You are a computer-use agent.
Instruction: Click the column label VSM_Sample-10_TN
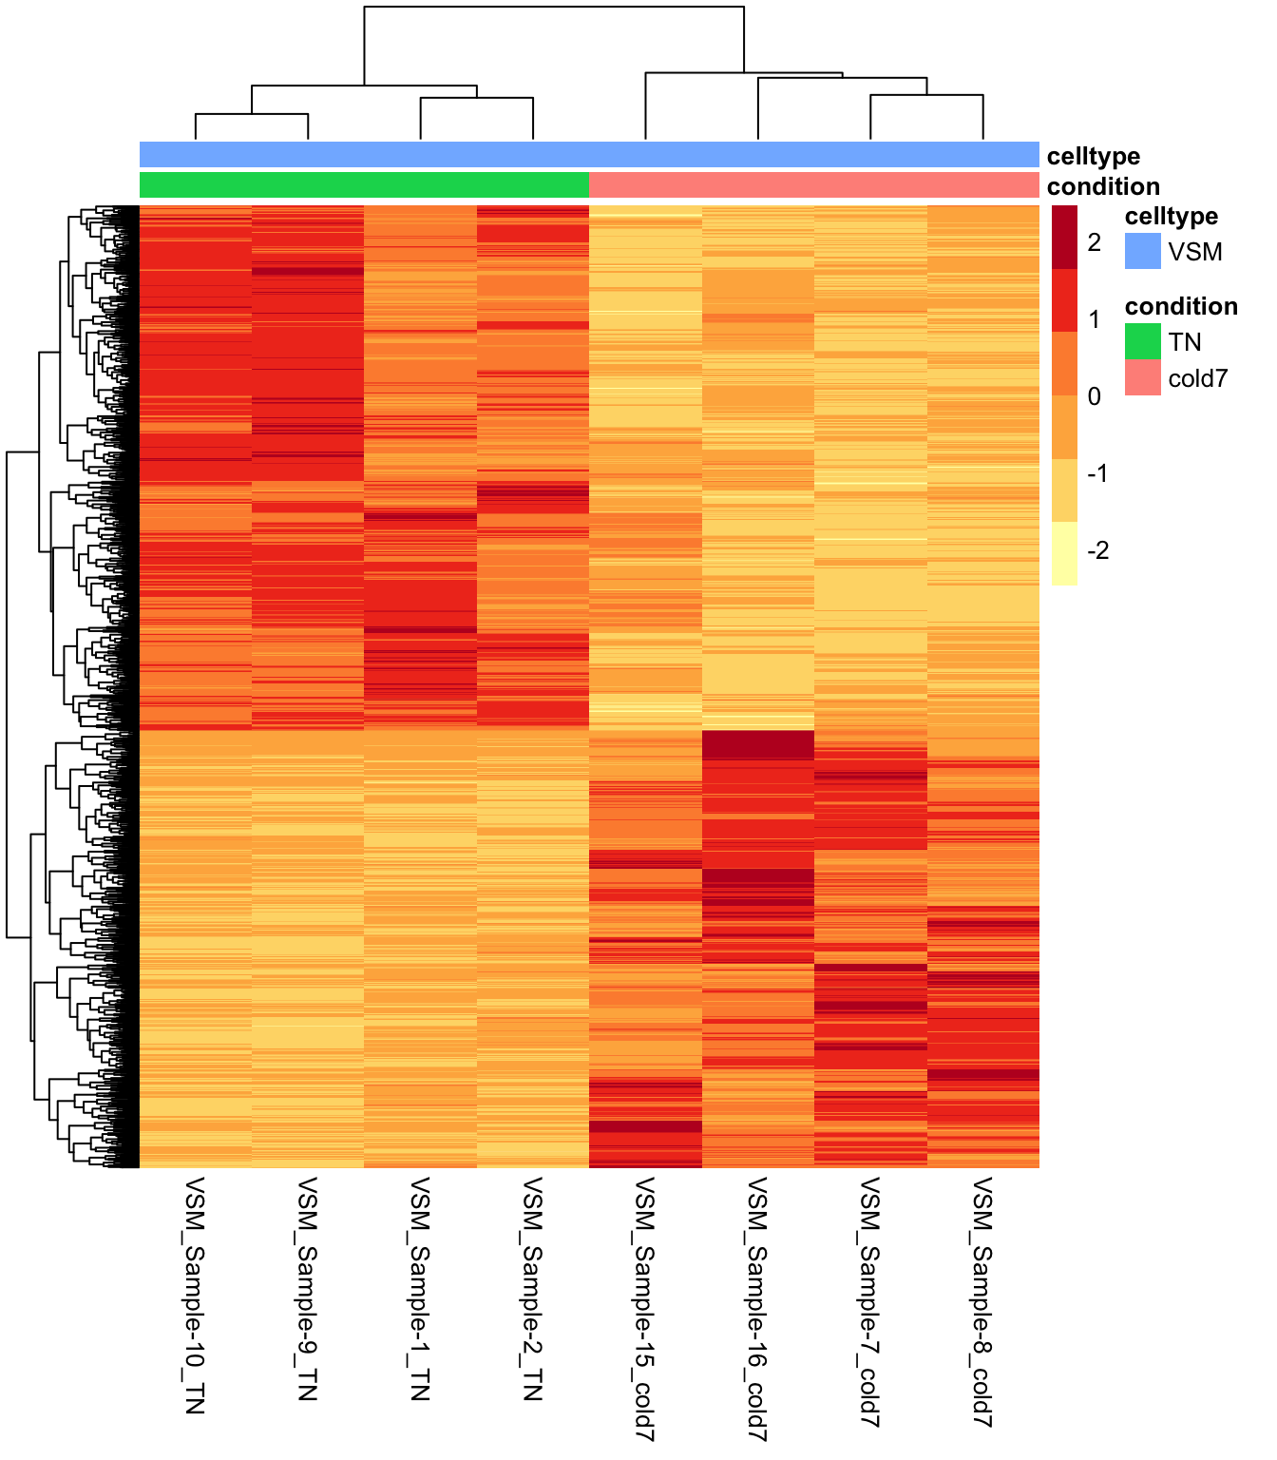point(195,1295)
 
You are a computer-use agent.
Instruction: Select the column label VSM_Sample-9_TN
point(308,1288)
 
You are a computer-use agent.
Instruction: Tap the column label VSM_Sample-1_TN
point(420,1288)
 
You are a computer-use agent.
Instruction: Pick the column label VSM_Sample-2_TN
point(533,1288)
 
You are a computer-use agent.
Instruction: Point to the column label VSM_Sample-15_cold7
point(645,1308)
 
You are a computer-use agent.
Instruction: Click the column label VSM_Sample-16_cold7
point(758,1308)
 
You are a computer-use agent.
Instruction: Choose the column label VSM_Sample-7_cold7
point(870,1302)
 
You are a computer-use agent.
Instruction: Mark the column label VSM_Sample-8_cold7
point(983,1302)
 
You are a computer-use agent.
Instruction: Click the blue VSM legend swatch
point(1143,251)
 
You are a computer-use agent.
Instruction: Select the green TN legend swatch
point(1143,341)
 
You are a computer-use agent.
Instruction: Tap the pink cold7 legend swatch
point(1143,377)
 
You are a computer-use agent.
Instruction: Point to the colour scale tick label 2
point(1095,242)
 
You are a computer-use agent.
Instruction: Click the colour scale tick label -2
point(1097,550)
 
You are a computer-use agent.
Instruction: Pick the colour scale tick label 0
point(1095,396)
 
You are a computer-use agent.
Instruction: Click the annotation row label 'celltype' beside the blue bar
point(1094,156)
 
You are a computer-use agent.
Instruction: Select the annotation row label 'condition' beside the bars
point(1103,186)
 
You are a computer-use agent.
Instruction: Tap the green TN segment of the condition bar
point(364,184)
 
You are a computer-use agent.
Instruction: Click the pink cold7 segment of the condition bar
point(814,184)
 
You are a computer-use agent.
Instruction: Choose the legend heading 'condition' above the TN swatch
point(1181,306)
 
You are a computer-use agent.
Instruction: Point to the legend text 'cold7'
point(1198,378)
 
